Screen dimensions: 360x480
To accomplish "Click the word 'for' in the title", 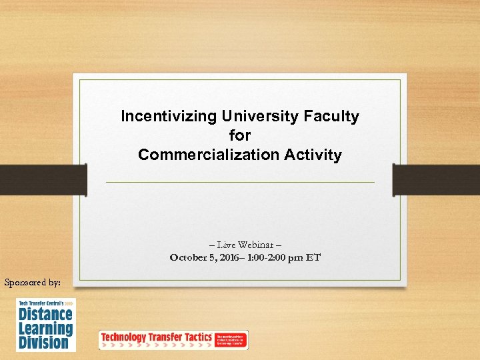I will (x=240, y=136).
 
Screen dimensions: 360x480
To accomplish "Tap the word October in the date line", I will (x=189, y=257).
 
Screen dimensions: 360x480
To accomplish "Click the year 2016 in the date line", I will (x=235, y=257).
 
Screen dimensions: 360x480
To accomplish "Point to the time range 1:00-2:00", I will (x=269, y=257).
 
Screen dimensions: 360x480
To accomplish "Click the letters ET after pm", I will (x=313, y=257).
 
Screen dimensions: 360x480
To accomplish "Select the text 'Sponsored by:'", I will (x=32, y=283).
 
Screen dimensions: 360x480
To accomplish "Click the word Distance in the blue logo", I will (x=45, y=315).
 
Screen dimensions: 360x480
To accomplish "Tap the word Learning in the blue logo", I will (x=45, y=329).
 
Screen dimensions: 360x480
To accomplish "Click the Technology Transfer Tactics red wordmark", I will (x=156, y=337).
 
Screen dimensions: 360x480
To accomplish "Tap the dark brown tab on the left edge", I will (x=43, y=180).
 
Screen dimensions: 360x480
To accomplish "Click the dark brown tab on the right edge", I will (x=437, y=180).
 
